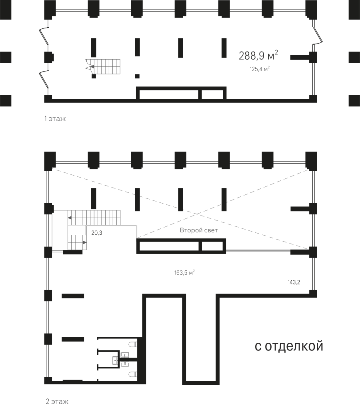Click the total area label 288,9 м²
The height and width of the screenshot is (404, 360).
coord(258,55)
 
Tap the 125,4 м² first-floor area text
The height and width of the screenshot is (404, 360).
coord(260,69)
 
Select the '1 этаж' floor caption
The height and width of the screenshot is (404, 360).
coord(55,119)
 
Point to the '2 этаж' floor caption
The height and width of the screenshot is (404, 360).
coord(57,401)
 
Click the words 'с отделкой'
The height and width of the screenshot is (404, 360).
coord(289,346)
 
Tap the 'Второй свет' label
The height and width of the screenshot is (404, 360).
coord(199,230)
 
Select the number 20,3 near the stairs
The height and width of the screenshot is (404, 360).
coord(97,233)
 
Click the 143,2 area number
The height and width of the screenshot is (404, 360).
coord(294,282)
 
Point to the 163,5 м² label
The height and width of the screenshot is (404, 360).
coord(184,272)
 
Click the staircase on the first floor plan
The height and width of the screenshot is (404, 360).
coord(103,66)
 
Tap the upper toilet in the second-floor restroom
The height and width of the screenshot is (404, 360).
coord(133,344)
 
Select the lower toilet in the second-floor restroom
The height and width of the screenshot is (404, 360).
coord(133,374)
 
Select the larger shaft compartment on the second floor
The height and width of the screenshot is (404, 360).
coord(169,246)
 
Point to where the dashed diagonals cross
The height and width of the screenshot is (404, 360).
coord(197,214)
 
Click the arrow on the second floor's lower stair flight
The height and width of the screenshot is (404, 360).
coord(85,242)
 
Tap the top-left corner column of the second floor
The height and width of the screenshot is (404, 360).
coord(50,161)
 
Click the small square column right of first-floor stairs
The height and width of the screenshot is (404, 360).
coord(137,76)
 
